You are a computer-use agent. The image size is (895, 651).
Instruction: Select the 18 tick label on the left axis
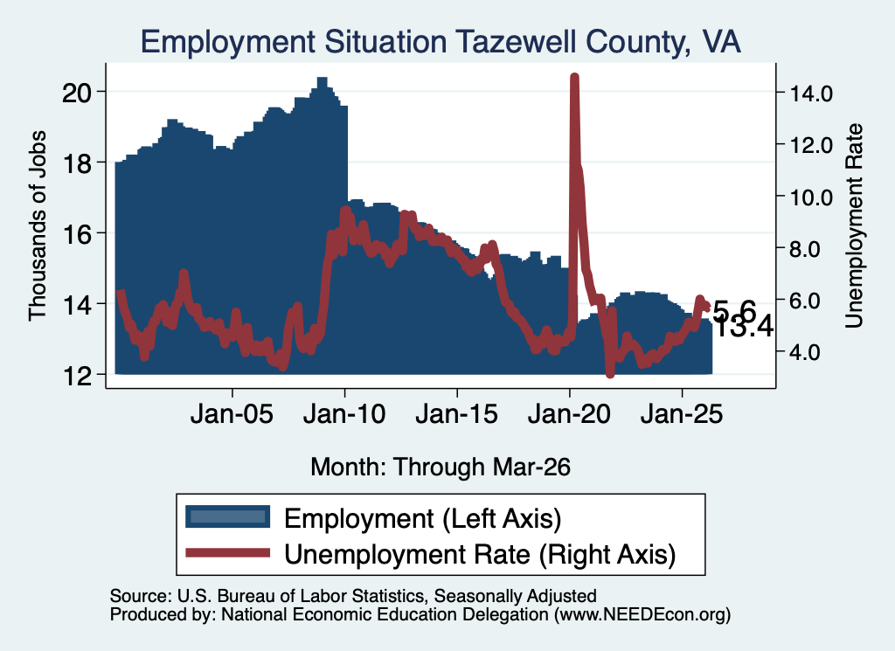tap(77, 163)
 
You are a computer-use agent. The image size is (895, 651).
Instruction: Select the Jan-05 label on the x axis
tap(232, 414)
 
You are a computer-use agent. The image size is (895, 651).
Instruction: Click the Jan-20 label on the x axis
tap(569, 414)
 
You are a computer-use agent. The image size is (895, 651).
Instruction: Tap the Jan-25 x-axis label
tap(682, 414)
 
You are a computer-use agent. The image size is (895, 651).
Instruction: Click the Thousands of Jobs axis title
tap(37, 225)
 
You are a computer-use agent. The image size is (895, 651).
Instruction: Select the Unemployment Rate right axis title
tap(854, 226)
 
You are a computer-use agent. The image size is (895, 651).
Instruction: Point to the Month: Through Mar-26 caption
tap(441, 467)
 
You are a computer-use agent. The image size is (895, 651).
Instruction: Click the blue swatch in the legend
tap(228, 517)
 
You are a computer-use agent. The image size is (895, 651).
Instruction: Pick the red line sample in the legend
tap(228, 552)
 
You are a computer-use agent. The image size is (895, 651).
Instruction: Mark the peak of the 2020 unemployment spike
tap(575, 77)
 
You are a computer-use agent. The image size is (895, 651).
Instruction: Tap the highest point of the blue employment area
tap(322, 78)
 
